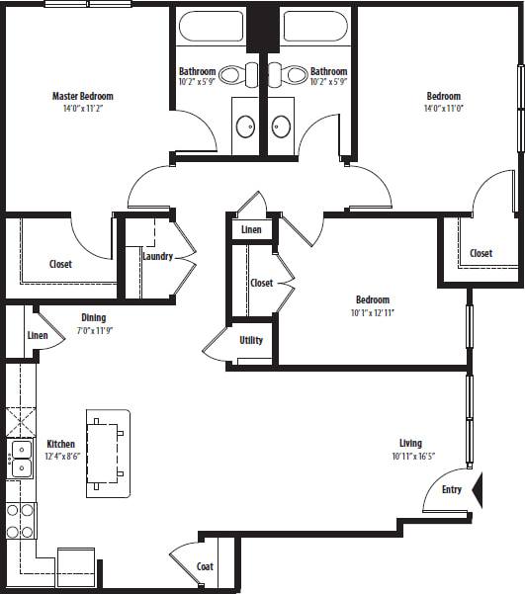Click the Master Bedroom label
pyautogui.click(x=82, y=96)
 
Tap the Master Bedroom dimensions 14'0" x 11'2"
pyautogui.click(x=82, y=108)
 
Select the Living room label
pyautogui.click(x=410, y=444)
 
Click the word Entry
pyautogui.click(x=452, y=490)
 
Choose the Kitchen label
pyautogui.click(x=60, y=444)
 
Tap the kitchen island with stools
pyautogui.click(x=107, y=450)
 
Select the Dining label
pyautogui.click(x=94, y=318)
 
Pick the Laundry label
pyautogui.click(x=158, y=257)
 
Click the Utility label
pyautogui.click(x=251, y=341)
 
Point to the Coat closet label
pyautogui.click(x=205, y=566)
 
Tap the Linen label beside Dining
pyautogui.click(x=38, y=336)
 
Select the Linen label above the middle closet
pyautogui.click(x=251, y=230)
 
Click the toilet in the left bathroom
pyautogui.click(x=233, y=74)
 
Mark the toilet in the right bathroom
pyautogui.click(x=294, y=74)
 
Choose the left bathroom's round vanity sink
pyautogui.click(x=245, y=126)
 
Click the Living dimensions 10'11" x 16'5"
pyautogui.click(x=410, y=457)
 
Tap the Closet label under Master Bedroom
pyautogui.click(x=60, y=264)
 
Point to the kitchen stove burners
pyautogui.click(x=20, y=520)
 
